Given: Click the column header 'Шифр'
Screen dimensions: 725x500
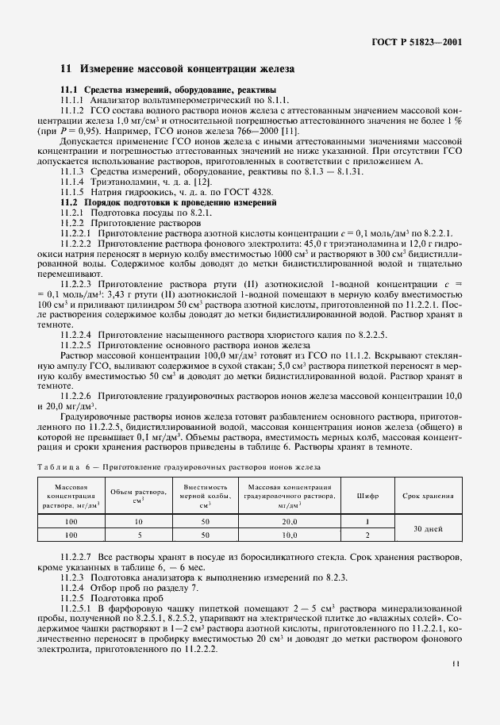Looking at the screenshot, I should coord(368,496).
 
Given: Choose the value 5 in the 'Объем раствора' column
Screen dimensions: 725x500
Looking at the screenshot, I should coord(137,536).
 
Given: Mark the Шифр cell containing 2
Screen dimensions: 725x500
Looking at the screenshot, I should coord(368,536).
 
